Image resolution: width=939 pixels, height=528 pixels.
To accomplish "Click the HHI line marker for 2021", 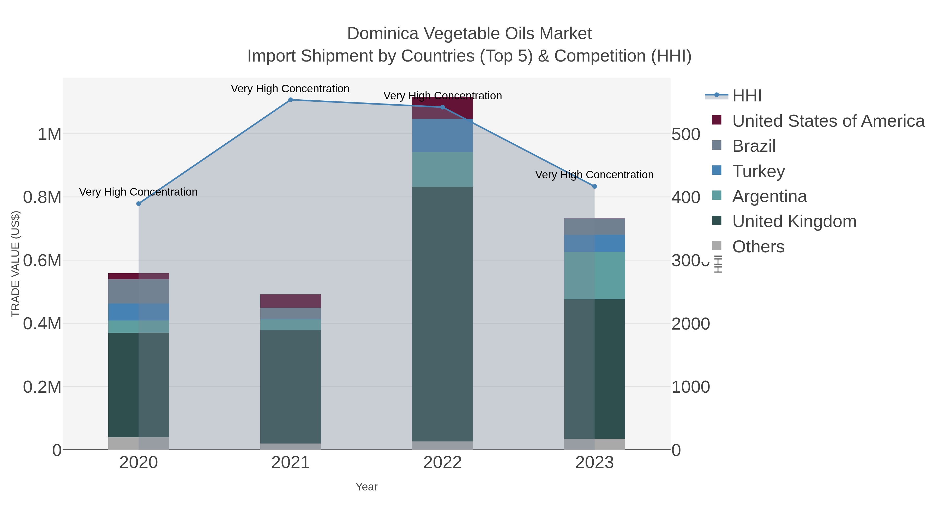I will [x=291, y=100].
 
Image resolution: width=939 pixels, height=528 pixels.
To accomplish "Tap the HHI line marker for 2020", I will [x=139, y=204].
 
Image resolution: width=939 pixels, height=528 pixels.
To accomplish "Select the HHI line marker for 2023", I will [x=594, y=187].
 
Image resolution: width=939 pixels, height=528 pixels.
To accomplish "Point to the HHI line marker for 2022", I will [x=443, y=107].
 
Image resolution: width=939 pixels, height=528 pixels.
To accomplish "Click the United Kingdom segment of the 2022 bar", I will [x=443, y=313].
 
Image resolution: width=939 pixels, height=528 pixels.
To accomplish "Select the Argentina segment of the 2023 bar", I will [x=594, y=276].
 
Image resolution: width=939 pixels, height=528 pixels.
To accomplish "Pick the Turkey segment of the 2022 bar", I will [x=443, y=136].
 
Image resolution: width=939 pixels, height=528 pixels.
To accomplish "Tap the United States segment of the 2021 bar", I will [x=291, y=301].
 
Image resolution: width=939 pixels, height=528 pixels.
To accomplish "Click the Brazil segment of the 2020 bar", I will [x=139, y=292].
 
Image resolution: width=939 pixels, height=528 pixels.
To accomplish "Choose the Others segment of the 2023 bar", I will [x=594, y=444].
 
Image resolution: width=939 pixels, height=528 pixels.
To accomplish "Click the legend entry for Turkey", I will [x=758, y=171].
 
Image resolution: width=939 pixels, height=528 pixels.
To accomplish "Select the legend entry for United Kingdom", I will [x=794, y=222].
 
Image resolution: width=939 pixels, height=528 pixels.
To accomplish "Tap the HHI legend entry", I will [x=747, y=96].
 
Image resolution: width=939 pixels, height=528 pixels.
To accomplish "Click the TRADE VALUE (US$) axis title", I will [x=15, y=264].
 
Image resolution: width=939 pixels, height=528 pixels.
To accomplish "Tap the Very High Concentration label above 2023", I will [x=594, y=175].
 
